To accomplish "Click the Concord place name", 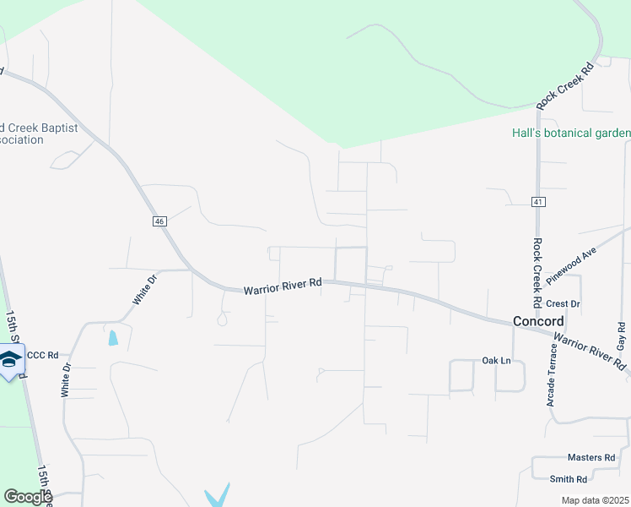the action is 538,321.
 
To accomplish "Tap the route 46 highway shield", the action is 159,221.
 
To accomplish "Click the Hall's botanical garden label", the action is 571,134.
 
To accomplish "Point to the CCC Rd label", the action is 42,356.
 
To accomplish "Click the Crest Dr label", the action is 563,303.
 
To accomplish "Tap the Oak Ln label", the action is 496,360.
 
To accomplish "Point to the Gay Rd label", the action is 622,337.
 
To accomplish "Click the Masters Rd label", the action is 591,457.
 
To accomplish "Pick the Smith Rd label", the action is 568,479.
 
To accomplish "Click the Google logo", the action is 28,497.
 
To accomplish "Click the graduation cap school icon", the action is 10,361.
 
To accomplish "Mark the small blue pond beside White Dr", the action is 113,338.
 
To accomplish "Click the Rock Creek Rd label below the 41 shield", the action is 537,272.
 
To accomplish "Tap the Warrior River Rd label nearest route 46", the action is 283,287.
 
